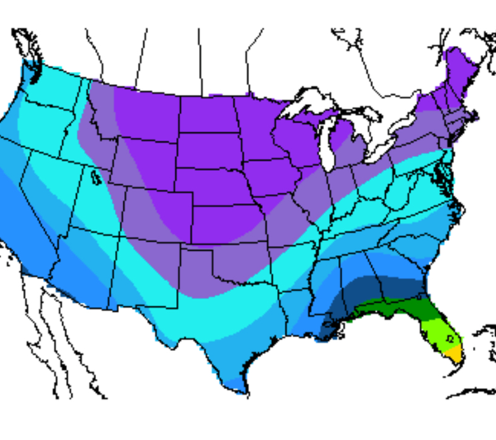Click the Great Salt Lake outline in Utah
(x=98, y=176)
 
